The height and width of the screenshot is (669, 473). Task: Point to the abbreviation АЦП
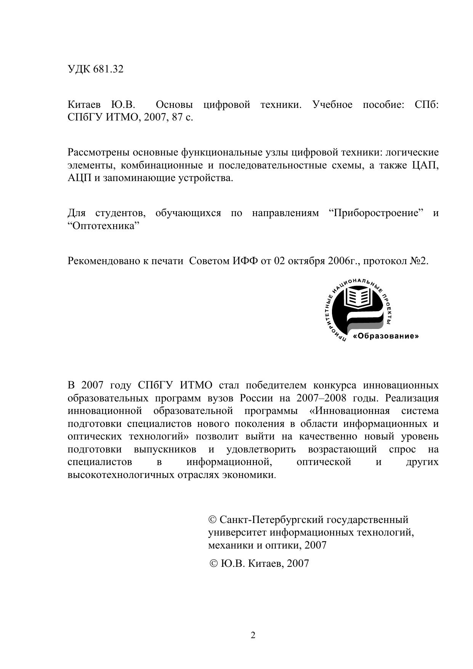pyautogui.click(x=79, y=178)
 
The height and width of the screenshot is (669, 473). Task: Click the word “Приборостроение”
pyautogui.click(x=376, y=213)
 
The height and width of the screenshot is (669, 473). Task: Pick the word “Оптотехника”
pyautogui.click(x=104, y=226)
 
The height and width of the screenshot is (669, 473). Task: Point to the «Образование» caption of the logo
pyautogui.click(x=386, y=337)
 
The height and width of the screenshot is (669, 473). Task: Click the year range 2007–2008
pyautogui.click(x=321, y=398)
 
